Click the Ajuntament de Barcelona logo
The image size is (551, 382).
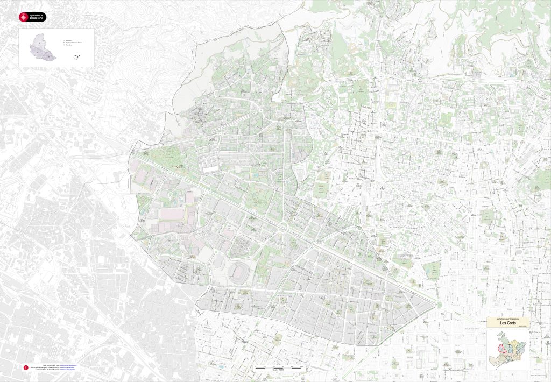tap(32, 17)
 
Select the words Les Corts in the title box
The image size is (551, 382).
tap(508, 323)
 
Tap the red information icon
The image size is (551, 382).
tap(25, 367)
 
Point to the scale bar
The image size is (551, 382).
tap(277, 367)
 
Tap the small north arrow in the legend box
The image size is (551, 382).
tap(77, 56)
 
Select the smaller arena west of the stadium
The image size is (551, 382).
tap(220, 264)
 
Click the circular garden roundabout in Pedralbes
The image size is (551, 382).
tap(263, 162)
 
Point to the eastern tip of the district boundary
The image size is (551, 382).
tap(436, 302)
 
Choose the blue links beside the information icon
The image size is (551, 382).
tap(68, 367)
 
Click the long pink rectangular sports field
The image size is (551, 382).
tap(173, 214)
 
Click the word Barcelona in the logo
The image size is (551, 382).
tap(36, 19)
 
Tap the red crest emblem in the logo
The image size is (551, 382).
tap(22, 17)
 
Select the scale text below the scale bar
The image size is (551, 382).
tap(277, 371)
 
